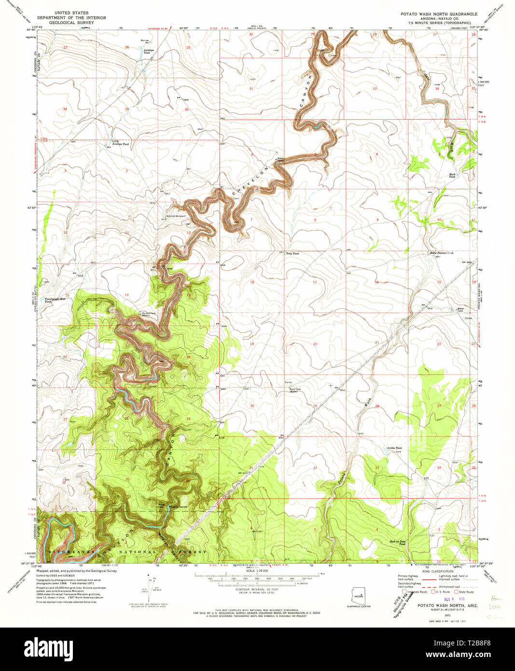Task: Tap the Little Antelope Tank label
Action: point(117,143)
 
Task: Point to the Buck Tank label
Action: point(452,176)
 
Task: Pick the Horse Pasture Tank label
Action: point(441,253)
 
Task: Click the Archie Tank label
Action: point(394,448)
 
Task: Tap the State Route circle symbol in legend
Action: point(457,591)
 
